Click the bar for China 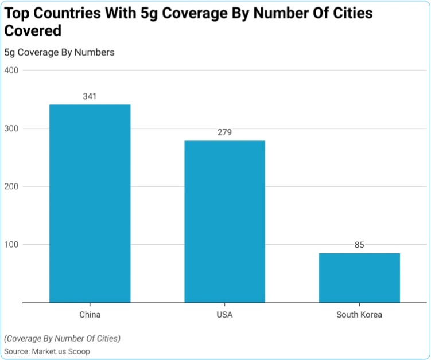pyautogui.click(x=90, y=203)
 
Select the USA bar pyautogui.click(x=224, y=221)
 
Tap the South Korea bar pyautogui.click(x=359, y=277)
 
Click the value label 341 pyautogui.click(x=90, y=96)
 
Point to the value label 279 pyautogui.click(x=224, y=132)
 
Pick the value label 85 pyautogui.click(x=359, y=245)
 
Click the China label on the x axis pyautogui.click(x=90, y=315)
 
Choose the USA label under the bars pyautogui.click(x=224, y=315)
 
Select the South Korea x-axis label pyautogui.click(x=359, y=315)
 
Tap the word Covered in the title pyautogui.click(x=33, y=31)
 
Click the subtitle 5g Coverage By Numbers pyautogui.click(x=59, y=52)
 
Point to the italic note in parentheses pyautogui.click(x=62, y=338)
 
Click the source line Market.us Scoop pyautogui.click(x=47, y=351)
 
